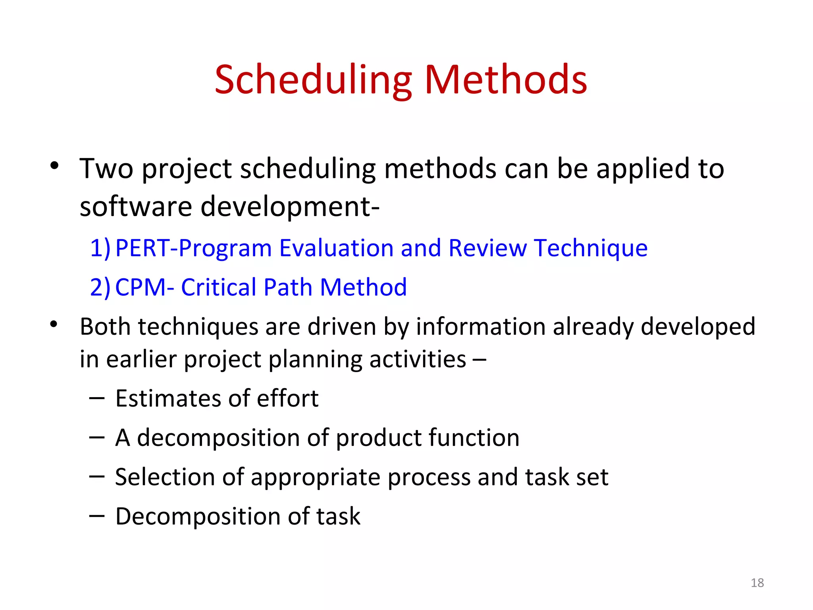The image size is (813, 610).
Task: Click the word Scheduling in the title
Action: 314,81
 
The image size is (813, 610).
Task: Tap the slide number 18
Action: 757,583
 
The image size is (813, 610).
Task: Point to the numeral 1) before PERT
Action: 100,248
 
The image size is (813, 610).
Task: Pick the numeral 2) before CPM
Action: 100,288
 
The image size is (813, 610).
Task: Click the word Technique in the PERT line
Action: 591,249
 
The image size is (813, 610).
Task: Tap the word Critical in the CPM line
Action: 218,287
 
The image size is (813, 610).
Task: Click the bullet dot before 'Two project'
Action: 54,166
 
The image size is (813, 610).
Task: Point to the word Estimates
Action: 161,398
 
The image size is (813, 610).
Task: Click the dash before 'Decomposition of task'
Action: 97,515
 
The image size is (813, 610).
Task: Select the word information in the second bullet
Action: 481,327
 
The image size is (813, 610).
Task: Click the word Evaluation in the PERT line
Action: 336,248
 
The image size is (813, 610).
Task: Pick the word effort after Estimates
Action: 287,398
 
